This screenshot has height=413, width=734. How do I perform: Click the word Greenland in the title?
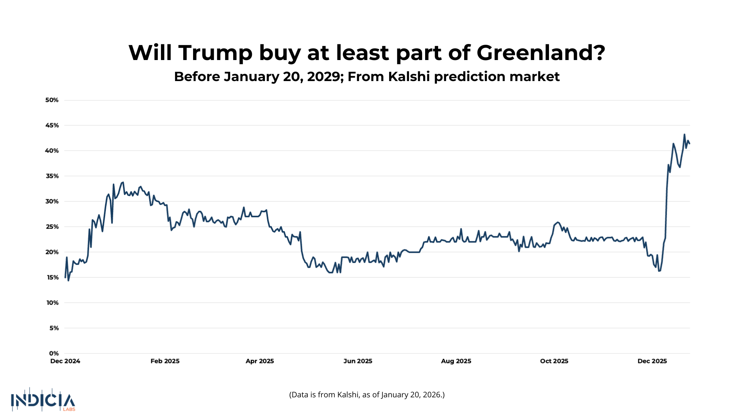point(541,53)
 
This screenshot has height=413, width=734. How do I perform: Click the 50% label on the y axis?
point(52,100)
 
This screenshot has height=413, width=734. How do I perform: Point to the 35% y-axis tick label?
point(52,176)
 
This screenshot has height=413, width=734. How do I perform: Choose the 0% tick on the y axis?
point(54,353)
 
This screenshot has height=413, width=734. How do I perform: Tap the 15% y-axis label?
point(53,278)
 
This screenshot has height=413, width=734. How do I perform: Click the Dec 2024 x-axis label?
point(65,361)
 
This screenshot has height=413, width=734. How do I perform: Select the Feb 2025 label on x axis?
point(165,361)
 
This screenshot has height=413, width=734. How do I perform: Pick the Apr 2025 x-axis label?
point(260,361)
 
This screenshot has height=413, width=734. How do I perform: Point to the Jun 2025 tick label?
point(358,361)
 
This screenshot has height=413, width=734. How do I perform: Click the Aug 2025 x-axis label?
point(456,361)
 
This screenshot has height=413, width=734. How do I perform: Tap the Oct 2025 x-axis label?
point(554,361)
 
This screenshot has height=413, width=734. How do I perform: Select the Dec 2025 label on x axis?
point(652,361)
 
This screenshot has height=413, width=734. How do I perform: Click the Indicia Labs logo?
point(43,400)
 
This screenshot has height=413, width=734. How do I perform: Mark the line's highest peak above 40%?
point(684,135)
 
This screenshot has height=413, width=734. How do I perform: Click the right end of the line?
point(689,143)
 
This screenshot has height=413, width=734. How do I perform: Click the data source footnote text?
point(367,395)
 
